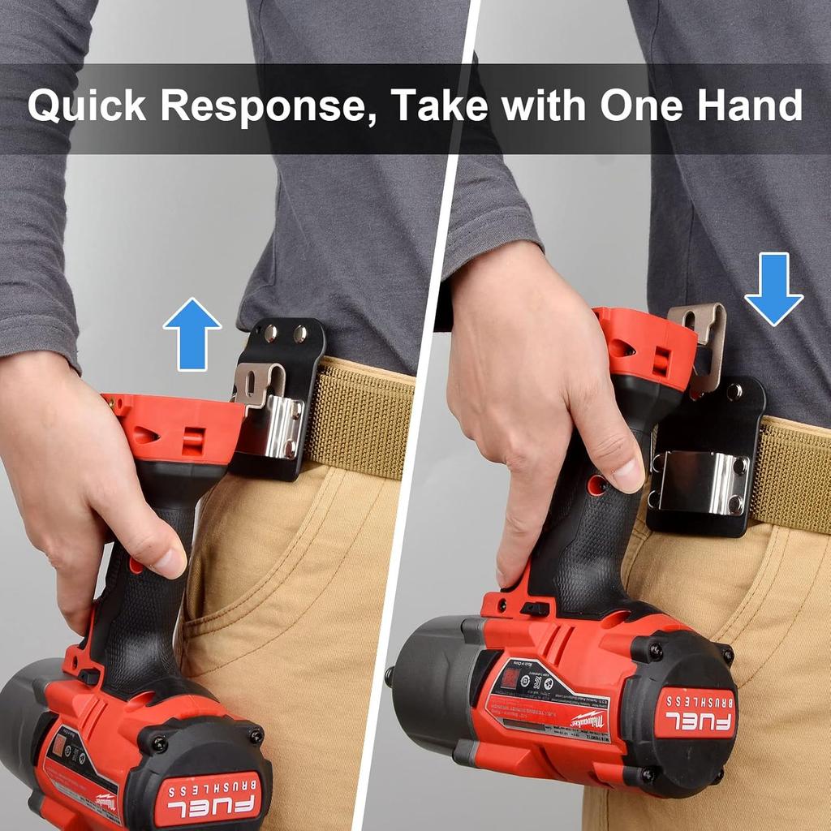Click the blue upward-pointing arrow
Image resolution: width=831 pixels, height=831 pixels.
tap(192, 333)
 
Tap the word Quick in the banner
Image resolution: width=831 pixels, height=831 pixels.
tap(87, 105)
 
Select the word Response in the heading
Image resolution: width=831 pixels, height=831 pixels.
tap(267, 105)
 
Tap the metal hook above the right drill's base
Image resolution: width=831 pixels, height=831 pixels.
tap(703, 341)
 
